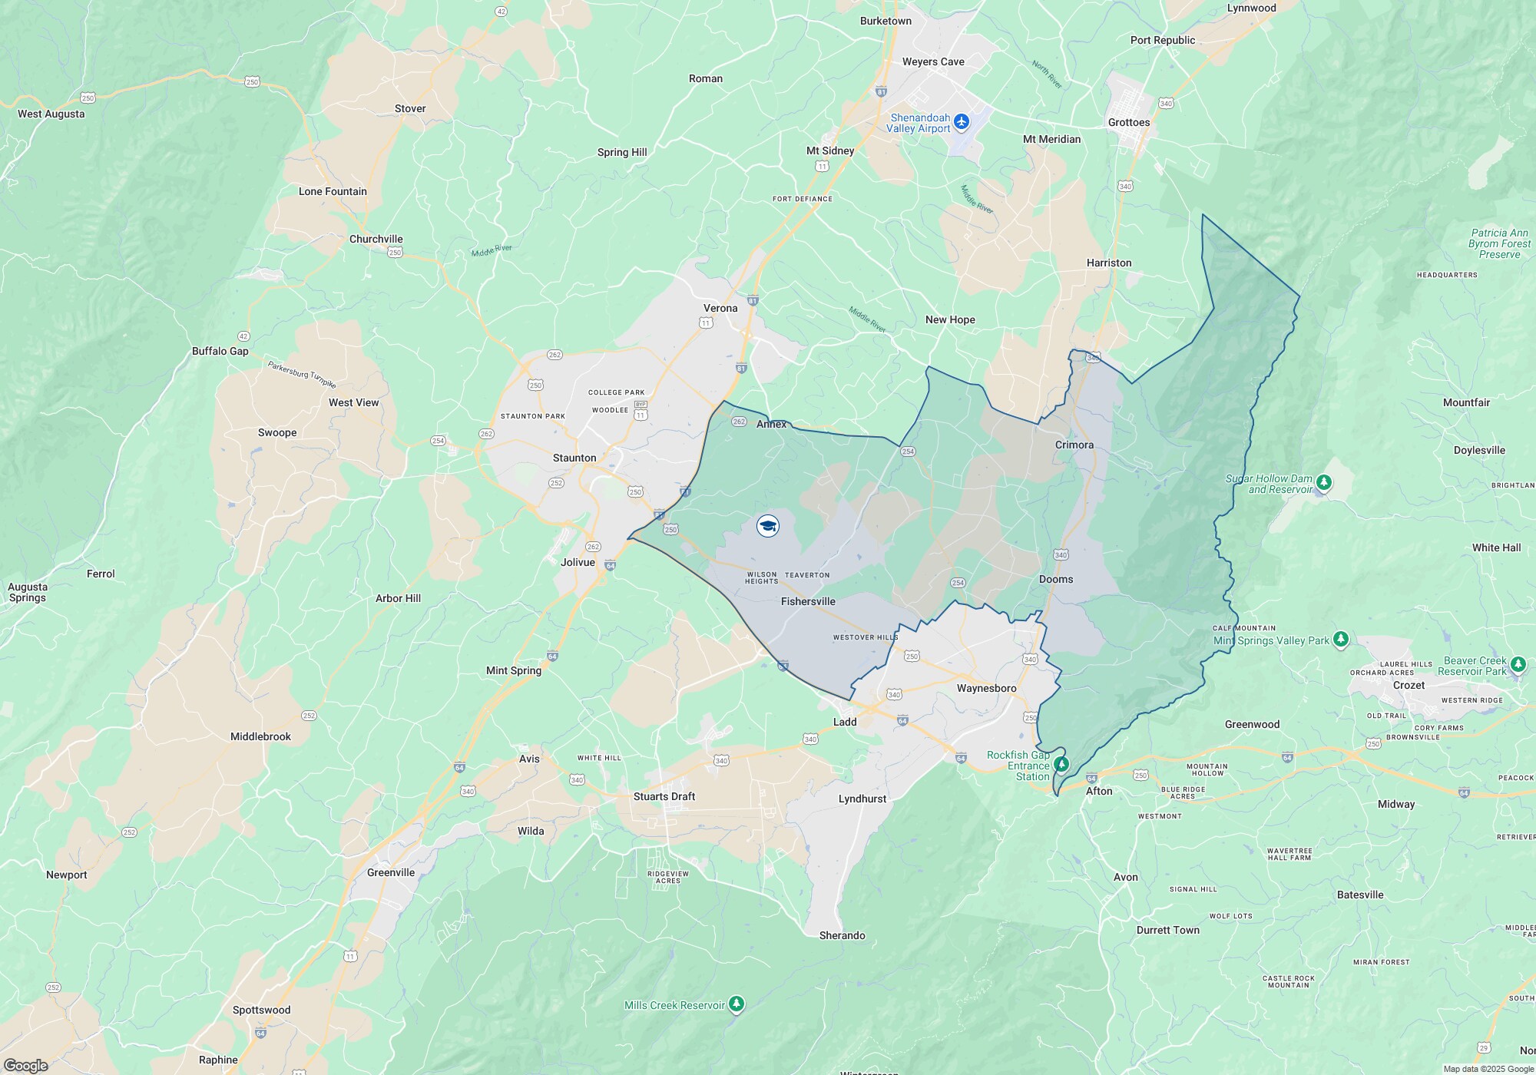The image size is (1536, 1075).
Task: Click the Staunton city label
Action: tap(574, 458)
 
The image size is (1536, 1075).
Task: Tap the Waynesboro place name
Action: tap(986, 688)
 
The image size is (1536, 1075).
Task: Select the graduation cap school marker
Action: tap(768, 526)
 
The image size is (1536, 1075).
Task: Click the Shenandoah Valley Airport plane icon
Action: tap(962, 122)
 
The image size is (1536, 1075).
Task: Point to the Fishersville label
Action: tap(808, 601)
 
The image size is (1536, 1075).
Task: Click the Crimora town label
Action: tap(1074, 445)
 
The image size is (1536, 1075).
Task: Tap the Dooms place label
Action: tap(1056, 579)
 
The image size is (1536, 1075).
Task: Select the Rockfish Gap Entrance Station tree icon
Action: tap(1061, 764)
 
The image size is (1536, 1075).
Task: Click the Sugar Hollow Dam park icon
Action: tap(1323, 483)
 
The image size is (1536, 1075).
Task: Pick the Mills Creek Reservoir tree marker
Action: tap(737, 1004)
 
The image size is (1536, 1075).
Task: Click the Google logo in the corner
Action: tap(25, 1065)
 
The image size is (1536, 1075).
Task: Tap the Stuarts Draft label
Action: tap(664, 796)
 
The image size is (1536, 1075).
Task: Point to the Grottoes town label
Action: tap(1128, 122)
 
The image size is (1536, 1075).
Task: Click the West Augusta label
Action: tap(51, 114)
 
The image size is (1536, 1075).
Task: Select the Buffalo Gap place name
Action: tap(220, 351)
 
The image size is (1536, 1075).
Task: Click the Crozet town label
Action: tap(1409, 685)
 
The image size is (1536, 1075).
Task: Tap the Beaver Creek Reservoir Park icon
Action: tap(1518, 664)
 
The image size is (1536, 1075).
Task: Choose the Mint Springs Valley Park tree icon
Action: tap(1340, 639)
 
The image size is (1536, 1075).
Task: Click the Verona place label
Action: tap(720, 308)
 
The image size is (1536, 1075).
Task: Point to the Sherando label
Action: tap(842, 935)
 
